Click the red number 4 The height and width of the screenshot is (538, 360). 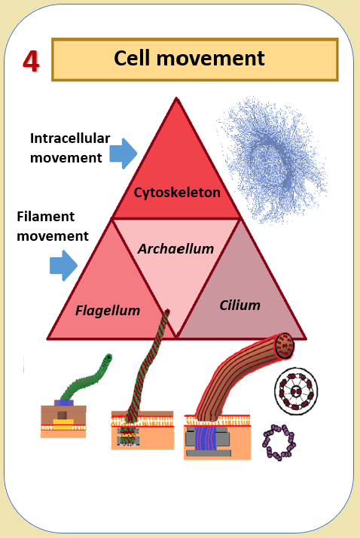(x=31, y=61)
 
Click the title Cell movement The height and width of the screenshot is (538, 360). (x=189, y=58)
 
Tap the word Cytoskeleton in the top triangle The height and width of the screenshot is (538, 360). (x=177, y=193)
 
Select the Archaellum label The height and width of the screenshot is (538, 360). (x=175, y=249)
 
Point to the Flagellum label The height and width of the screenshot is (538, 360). (x=108, y=311)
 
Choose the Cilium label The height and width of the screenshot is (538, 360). (x=239, y=305)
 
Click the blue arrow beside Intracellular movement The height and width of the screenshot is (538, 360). (x=124, y=153)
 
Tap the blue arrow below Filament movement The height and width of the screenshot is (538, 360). (x=63, y=265)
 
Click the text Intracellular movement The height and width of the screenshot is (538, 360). (x=70, y=148)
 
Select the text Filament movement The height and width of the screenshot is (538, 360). (x=53, y=226)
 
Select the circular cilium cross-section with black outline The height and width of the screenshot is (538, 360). (x=296, y=391)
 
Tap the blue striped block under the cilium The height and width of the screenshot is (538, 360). (x=207, y=438)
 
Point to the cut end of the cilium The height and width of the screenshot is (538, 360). (x=285, y=345)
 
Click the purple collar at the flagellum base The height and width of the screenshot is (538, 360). (x=64, y=403)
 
